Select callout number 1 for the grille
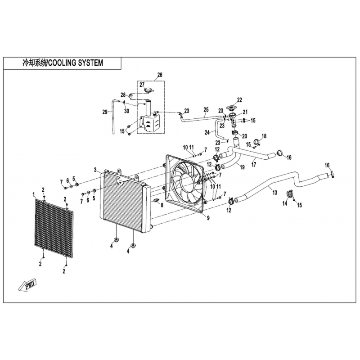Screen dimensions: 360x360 click(34, 194)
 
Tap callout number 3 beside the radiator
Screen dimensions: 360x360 click(95, 170)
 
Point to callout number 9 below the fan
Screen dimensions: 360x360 click(208, 218)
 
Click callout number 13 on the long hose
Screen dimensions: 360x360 click(275, 193)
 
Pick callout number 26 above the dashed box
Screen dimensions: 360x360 click(160, 75)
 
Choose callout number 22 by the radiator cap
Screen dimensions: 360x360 click(239, 100)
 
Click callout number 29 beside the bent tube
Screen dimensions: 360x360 click(105, 112)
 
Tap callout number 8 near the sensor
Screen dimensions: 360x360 click(162, 205)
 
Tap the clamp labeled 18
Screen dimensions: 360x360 click(257, 142)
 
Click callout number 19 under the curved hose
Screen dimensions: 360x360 click(242, 167)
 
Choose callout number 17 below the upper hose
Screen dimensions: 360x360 click(254, 165)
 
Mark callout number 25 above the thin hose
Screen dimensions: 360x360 click(206, 109)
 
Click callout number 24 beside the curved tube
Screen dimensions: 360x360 click(207, 132)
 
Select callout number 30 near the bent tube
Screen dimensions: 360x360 click(126, 111)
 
